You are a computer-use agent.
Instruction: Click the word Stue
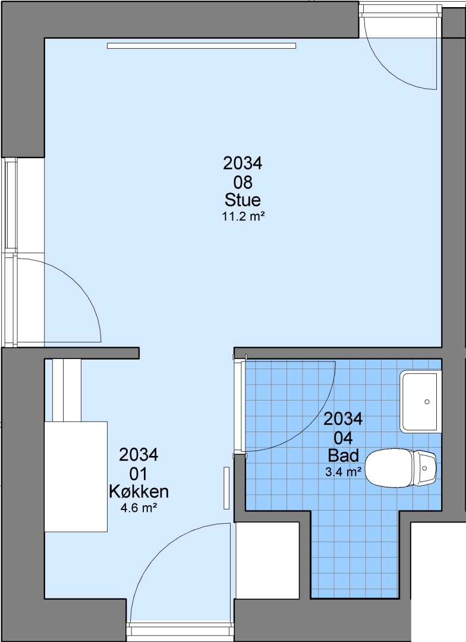tap(243, 200)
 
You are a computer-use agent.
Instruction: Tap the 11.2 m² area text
tap(243, 216)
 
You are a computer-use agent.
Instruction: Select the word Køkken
tap(139, 492)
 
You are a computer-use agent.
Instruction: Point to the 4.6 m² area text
tap(139, 508)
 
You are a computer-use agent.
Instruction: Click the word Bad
tap(343, 455)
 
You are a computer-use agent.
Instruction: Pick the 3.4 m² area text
tap(343, 471)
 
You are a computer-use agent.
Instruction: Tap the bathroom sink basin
tap(421, 402)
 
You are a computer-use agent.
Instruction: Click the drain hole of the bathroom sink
tap(427, 402)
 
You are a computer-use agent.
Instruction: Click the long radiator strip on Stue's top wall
tap(201, 46)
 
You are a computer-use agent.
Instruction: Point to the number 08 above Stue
tap(243, 182)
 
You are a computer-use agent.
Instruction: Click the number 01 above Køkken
tap(139, 474)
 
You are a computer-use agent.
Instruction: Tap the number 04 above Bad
tap(343, 438)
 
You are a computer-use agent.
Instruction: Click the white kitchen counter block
tap(75, 477)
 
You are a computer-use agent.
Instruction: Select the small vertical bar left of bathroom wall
tap(226, 488)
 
